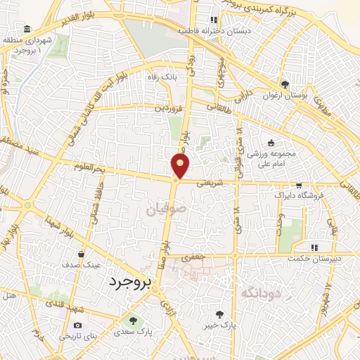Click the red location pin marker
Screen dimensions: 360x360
pyautogui.click(x=181, y=166)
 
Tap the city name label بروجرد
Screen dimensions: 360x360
pyautogui.click(x=131, y=283)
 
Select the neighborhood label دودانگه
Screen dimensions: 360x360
pyautogui.click(x=257, y=293)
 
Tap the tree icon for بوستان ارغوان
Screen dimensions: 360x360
pyautogui.click(x=285, y=83)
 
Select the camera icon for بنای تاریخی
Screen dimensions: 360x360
pyautogui.click(x=77, y=326)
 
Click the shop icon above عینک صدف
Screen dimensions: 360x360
pyautogui.click(x=83, y=255)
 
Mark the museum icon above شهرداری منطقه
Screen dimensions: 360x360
pyautogui.click(x=27, y=29)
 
